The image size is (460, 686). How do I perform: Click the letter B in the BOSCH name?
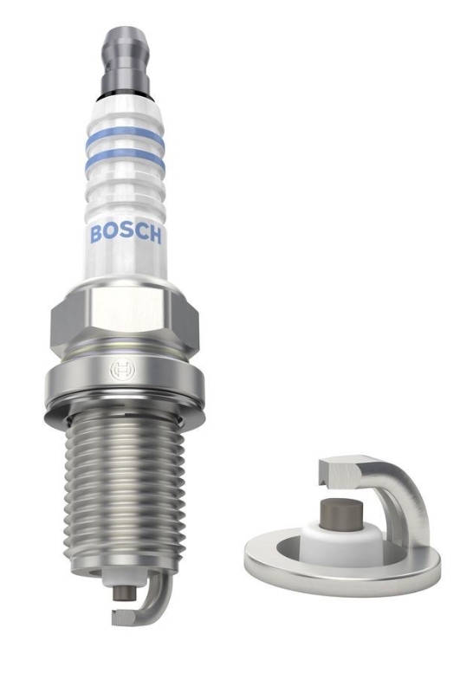96,234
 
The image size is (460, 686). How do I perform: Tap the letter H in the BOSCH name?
154,235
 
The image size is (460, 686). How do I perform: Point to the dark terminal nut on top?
126,53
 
